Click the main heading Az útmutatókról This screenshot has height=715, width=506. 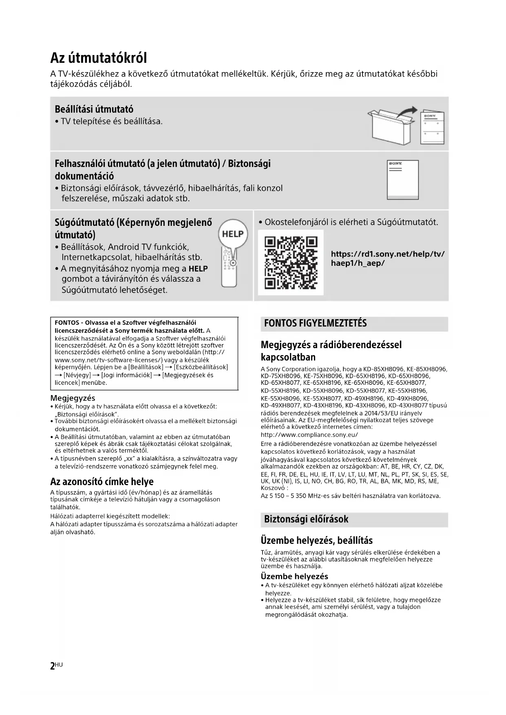click(x=98, y=58)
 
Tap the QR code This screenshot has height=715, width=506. click(x=291, y=263)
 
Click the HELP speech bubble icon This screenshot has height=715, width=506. click(x=233, y=234)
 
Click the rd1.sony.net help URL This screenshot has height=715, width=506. click(x=387, y=258)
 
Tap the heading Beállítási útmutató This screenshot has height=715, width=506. click(x=94, y=109)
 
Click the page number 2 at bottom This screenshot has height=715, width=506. click(x=53, y=666)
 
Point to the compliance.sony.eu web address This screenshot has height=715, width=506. click(x=309, y=435)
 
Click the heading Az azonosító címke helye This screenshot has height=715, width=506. click(x=102, y=482)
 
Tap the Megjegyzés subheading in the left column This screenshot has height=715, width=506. click(x=73, y=398)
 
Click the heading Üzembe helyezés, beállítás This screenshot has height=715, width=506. click(x=316, y=541)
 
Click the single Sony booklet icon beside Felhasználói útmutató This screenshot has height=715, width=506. click(x=402, y=180)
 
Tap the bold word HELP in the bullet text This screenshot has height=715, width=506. click(x=198, y=269)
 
